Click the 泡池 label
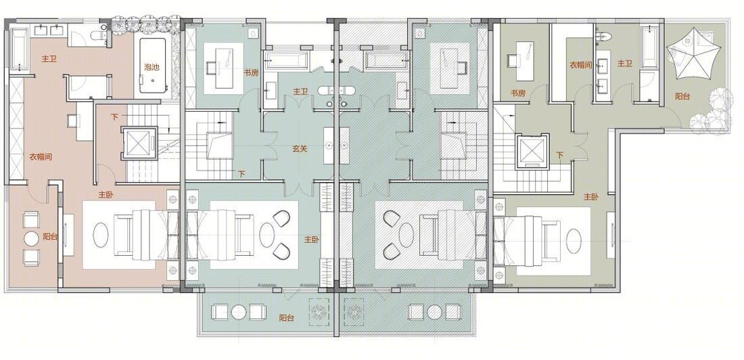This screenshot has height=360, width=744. pyautogui.click(x=152, y=67)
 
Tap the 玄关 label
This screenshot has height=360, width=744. pyautogui.click(x=300, y=149)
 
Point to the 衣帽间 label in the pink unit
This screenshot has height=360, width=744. pyautogui.click(x=40, y=157)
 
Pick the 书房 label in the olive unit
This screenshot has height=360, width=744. pyautogui.click(x=518, y=93)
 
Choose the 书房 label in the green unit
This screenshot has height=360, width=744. pyautogui.click(x=251, y=73)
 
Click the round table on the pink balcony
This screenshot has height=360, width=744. pyautogui.click(x=32, y=238)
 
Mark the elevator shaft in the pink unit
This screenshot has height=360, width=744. pyautogui.click(x=139, y=143)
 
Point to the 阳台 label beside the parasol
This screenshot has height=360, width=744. pyautogui.click(x=682, y=96)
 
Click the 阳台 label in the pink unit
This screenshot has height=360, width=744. pyautogui.click(x=50, y=237)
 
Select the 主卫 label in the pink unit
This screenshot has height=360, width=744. pyautogui.click(x=49, y=59)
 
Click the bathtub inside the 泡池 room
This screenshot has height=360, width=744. pyautogui.click(x=153, y=65)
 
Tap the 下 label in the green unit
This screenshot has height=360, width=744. pyautogui.click(x=242, y=174)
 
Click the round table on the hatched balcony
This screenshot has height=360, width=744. pyautogui.click(x=434, y=312)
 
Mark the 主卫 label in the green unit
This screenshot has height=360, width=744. pyautogui.click(x=300, y=91)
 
